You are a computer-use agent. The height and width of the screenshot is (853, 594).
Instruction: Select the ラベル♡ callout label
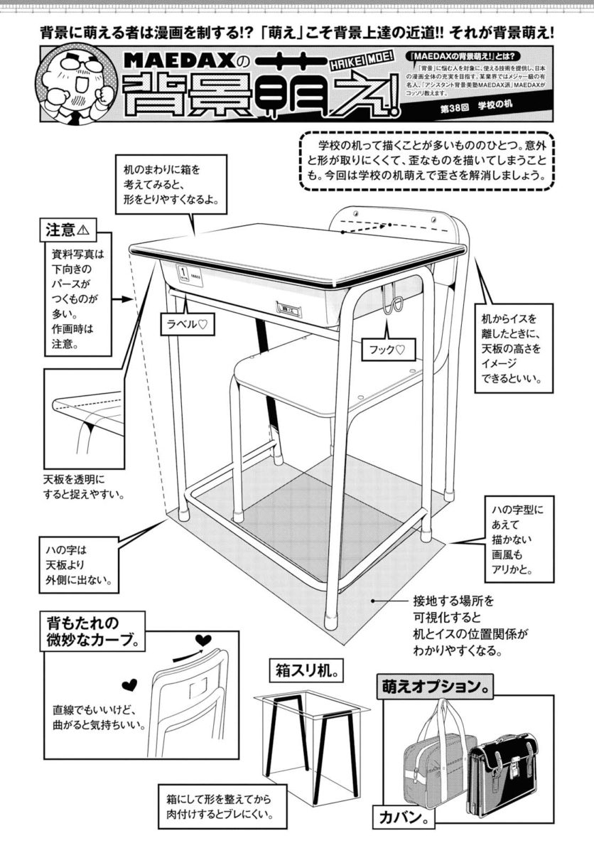(187, 323)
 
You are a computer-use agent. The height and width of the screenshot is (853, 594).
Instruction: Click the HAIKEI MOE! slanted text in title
(358, 63)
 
